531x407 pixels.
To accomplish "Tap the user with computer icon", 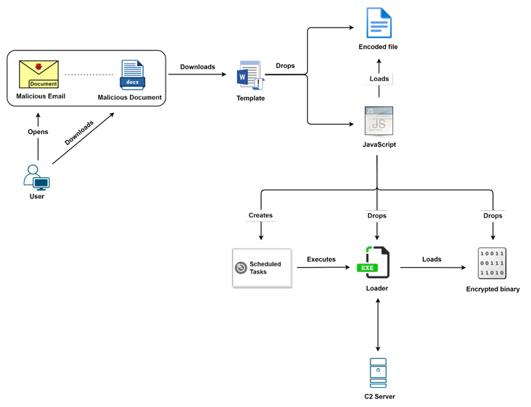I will [36, 177].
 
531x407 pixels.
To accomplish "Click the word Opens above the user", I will [38, 132].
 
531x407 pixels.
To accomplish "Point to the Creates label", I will [260, 216].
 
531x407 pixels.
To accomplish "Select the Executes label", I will [321, 259].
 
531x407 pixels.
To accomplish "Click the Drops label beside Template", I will [286, 66].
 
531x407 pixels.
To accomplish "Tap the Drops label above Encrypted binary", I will [492, 216].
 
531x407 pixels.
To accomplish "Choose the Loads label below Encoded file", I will [379, 79].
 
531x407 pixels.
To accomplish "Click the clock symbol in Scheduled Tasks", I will [241, 268].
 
